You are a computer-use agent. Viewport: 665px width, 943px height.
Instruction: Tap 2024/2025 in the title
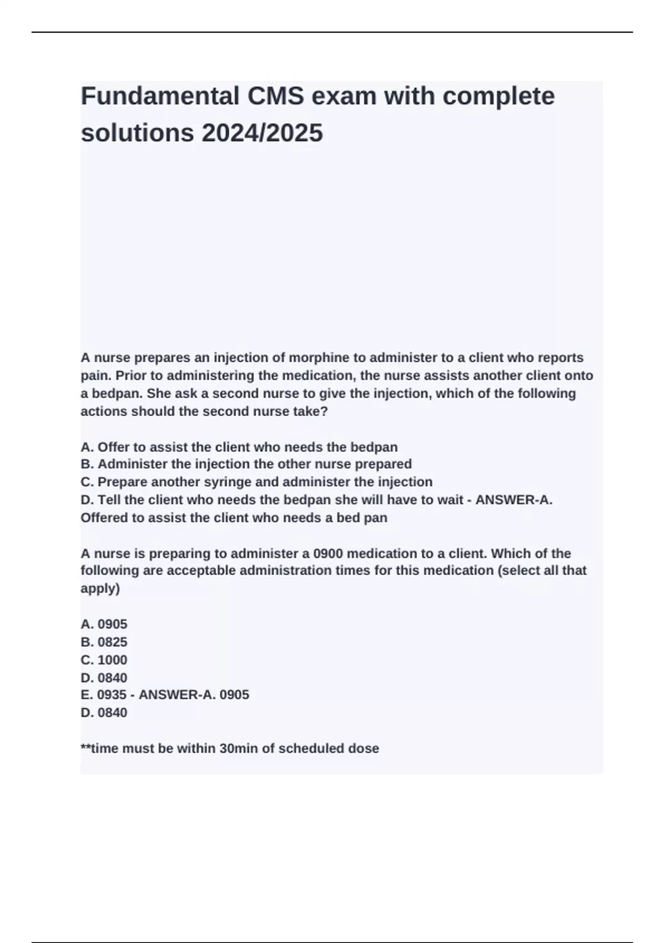click(262, 133)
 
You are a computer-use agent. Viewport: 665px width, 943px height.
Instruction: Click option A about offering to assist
click(239, 447)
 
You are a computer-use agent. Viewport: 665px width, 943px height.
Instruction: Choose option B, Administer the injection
click(246, 464)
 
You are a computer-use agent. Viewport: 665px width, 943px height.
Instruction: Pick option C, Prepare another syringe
click(256, 482)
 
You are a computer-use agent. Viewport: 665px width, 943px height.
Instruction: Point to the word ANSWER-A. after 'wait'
click(514, 500)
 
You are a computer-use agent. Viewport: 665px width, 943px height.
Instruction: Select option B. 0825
click(104, 642)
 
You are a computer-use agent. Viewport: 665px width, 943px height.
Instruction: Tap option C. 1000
click(104, 660)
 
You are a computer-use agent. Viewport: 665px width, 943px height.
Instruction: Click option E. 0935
click(104, 695)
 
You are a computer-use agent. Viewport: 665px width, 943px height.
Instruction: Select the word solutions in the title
click(137, 133)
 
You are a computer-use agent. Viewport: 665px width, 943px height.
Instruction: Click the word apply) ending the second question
click(100, 589)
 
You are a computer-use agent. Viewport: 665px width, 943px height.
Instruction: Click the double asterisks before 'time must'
click(85, 748)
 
